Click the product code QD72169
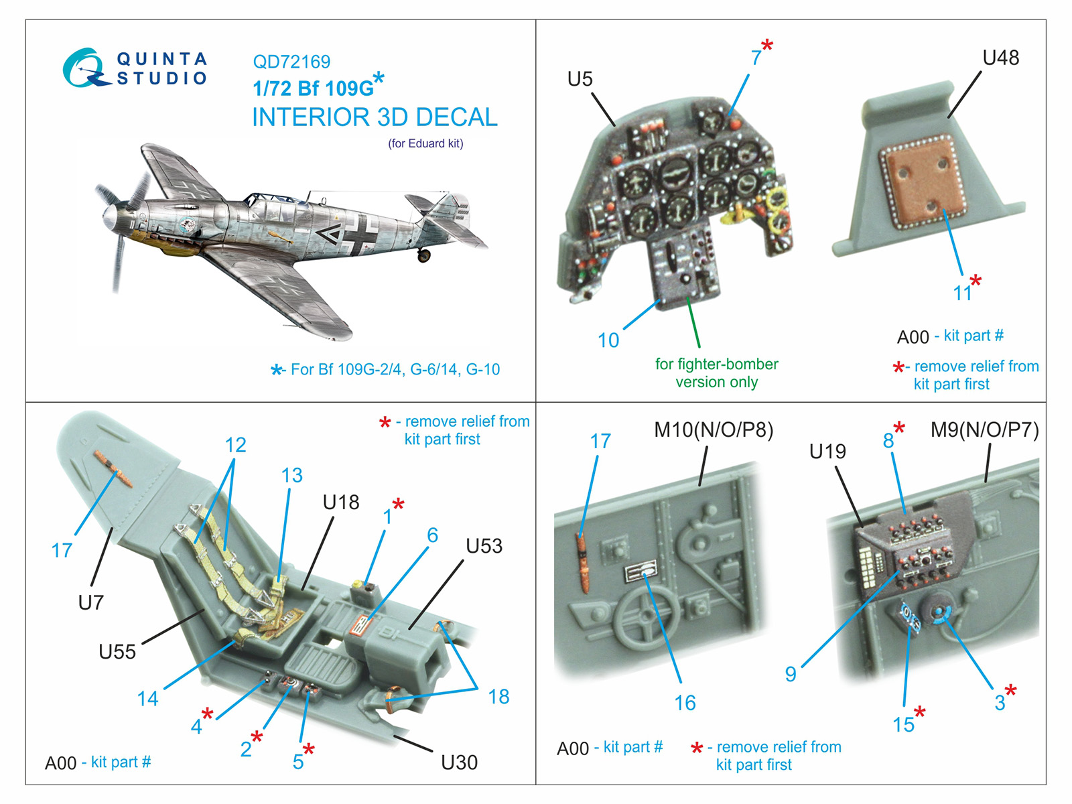291,62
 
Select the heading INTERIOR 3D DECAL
375,117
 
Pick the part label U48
1000,58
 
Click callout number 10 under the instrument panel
608,340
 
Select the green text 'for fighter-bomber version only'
716,373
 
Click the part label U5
580,79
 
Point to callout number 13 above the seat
291,475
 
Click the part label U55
117,651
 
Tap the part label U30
459,762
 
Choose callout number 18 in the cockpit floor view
498,697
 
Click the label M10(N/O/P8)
714,429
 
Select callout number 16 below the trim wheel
685,703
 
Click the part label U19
827,452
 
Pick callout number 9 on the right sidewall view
791,674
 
